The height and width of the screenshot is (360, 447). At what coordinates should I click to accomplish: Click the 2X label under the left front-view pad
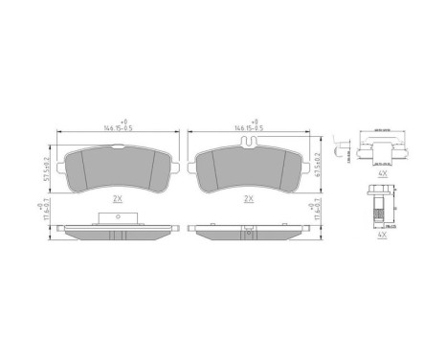117,199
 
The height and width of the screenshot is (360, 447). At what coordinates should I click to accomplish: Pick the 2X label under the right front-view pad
250,199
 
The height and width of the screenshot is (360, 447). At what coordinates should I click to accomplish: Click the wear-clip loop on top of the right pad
250,146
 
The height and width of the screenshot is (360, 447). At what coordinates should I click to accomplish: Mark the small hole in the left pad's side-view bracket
118,218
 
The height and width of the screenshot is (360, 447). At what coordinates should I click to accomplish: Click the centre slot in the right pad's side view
250,230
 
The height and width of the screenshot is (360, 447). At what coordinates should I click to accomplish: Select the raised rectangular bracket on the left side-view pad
118,219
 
